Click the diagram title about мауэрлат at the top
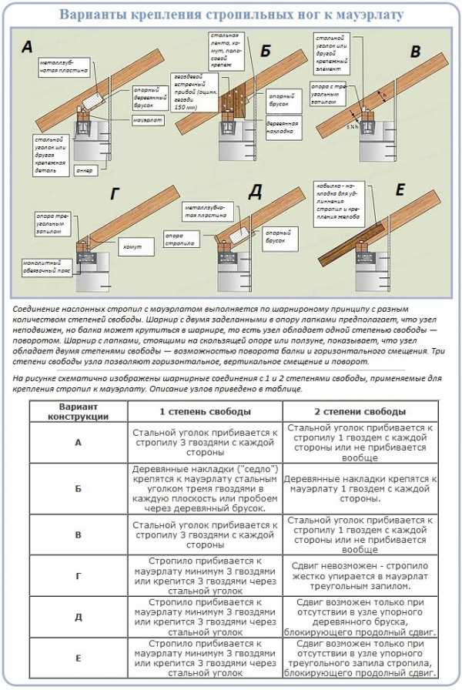click(x=231, y=14)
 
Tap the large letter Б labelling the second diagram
click(x=266, y=52)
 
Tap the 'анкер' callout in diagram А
click(x=84, y=170)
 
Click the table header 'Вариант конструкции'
click(x=78, y=410)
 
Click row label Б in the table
click(x=78, y=488)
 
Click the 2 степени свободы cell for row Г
click(x=360, y=574)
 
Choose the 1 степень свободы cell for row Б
click(x=204, y=488)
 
